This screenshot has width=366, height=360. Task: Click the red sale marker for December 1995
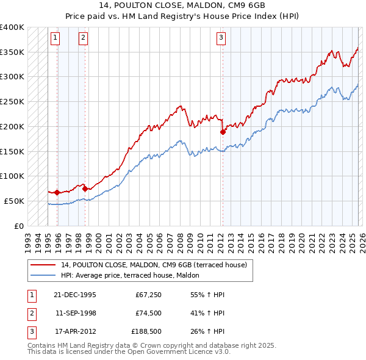click(57, 192)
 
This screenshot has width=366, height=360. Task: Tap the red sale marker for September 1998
click(85, 189)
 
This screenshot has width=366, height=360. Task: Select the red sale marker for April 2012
click(223, 132)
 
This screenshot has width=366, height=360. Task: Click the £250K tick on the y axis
click(12, 101)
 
